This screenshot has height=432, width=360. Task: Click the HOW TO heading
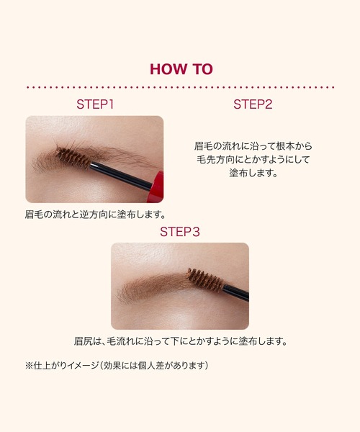click(x=181, y=69)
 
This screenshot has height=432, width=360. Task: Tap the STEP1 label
click(x=95, y=104)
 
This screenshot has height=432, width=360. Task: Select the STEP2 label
click(x=253, y=104)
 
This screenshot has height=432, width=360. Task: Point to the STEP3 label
click(x=179, y=232)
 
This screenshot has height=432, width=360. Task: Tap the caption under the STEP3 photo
click(x=181, y=341)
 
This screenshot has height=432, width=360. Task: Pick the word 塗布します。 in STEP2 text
click(x=253, y=174)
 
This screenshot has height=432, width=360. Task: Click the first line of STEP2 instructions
click(x=253, y=145)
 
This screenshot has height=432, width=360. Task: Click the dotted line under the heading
click(x=181, y=87)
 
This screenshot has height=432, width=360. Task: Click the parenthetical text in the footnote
click(x=156, y=366)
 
